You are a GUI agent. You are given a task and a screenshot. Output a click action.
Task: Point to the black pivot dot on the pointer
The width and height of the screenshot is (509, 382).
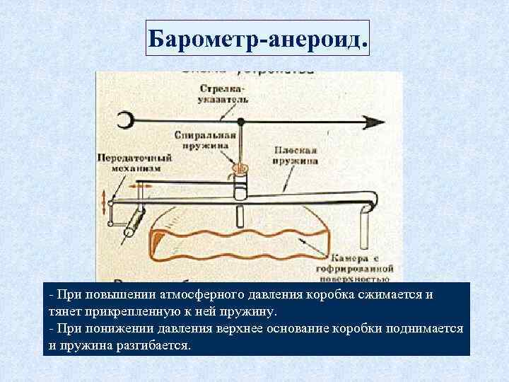pos(241,122)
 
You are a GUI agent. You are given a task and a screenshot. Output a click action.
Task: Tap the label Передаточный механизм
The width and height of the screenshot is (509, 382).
pos(133,163)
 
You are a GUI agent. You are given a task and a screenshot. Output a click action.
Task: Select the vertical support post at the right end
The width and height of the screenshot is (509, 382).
pos(364,225)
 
